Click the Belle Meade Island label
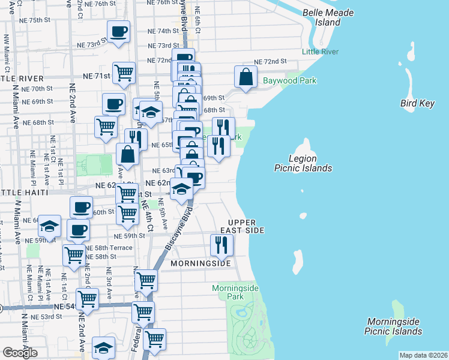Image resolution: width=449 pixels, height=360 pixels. coord(330,17)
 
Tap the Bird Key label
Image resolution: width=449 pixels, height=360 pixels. coord(417,104)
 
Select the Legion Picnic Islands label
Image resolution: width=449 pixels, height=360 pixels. coord(302,163)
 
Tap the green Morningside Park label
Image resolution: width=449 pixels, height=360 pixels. coord(235,292)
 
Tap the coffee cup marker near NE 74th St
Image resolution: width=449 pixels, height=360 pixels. coord(118,31)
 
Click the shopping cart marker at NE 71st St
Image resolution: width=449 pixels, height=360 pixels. coord(124,73)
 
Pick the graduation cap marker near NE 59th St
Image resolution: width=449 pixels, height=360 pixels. coord(50,226)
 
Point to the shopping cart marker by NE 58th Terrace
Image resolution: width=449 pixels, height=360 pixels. coord(74,254)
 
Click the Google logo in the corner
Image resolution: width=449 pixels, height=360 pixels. coord(20,352)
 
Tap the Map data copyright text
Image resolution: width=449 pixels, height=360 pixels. coord(423,355)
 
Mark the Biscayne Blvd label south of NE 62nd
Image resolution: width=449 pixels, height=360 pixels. coord(176,231)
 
